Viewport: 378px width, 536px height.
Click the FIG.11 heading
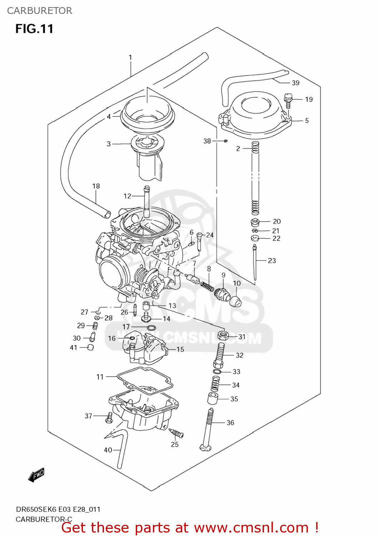[x=34, y=29]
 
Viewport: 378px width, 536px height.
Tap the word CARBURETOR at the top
[x=40, y=11]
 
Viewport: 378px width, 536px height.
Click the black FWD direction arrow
[x=36, y=475]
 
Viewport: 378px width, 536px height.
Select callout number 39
[x=295, y=83]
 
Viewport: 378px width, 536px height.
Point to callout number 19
[x=309, y=99]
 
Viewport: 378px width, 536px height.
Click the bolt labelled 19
[x=288, y=100]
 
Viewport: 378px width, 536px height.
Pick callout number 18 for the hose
[x=96, y=186]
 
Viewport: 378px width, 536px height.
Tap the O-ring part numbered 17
[x=151, y=328]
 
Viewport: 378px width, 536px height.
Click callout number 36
[x=230, y=423]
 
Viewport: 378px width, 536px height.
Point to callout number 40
[x=108, y=450]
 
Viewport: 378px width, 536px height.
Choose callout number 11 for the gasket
[x=100, y=377]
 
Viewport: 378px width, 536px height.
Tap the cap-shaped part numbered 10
[x=235, y=301]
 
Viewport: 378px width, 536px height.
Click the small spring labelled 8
[x=207, y=286]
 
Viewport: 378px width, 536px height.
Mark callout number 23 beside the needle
[x=272, y=260]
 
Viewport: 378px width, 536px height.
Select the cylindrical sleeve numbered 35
[x=213, y=398]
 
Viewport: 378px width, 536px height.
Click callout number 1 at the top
[x=130, y=57]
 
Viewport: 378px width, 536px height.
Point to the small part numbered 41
[x=90, y=347]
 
